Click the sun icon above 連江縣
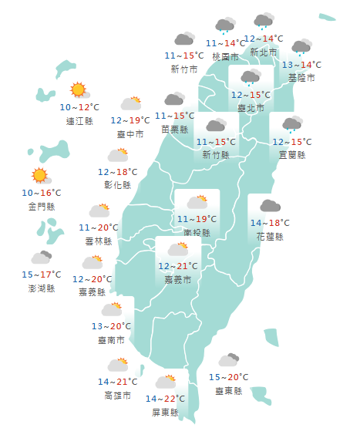78,90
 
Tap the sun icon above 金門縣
39,176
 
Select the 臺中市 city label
130,134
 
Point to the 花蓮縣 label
270,236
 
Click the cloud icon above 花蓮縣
269,205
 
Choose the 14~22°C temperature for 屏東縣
165,399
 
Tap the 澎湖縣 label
40,288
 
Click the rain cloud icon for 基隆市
301,48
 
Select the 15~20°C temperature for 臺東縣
229,377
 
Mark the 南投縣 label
196,231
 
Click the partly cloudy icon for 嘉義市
178,248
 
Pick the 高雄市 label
118,396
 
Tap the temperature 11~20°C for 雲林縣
99,227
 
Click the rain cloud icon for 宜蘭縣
291,125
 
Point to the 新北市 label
264,52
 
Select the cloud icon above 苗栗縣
174,99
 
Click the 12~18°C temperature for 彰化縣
118,172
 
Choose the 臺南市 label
113,340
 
